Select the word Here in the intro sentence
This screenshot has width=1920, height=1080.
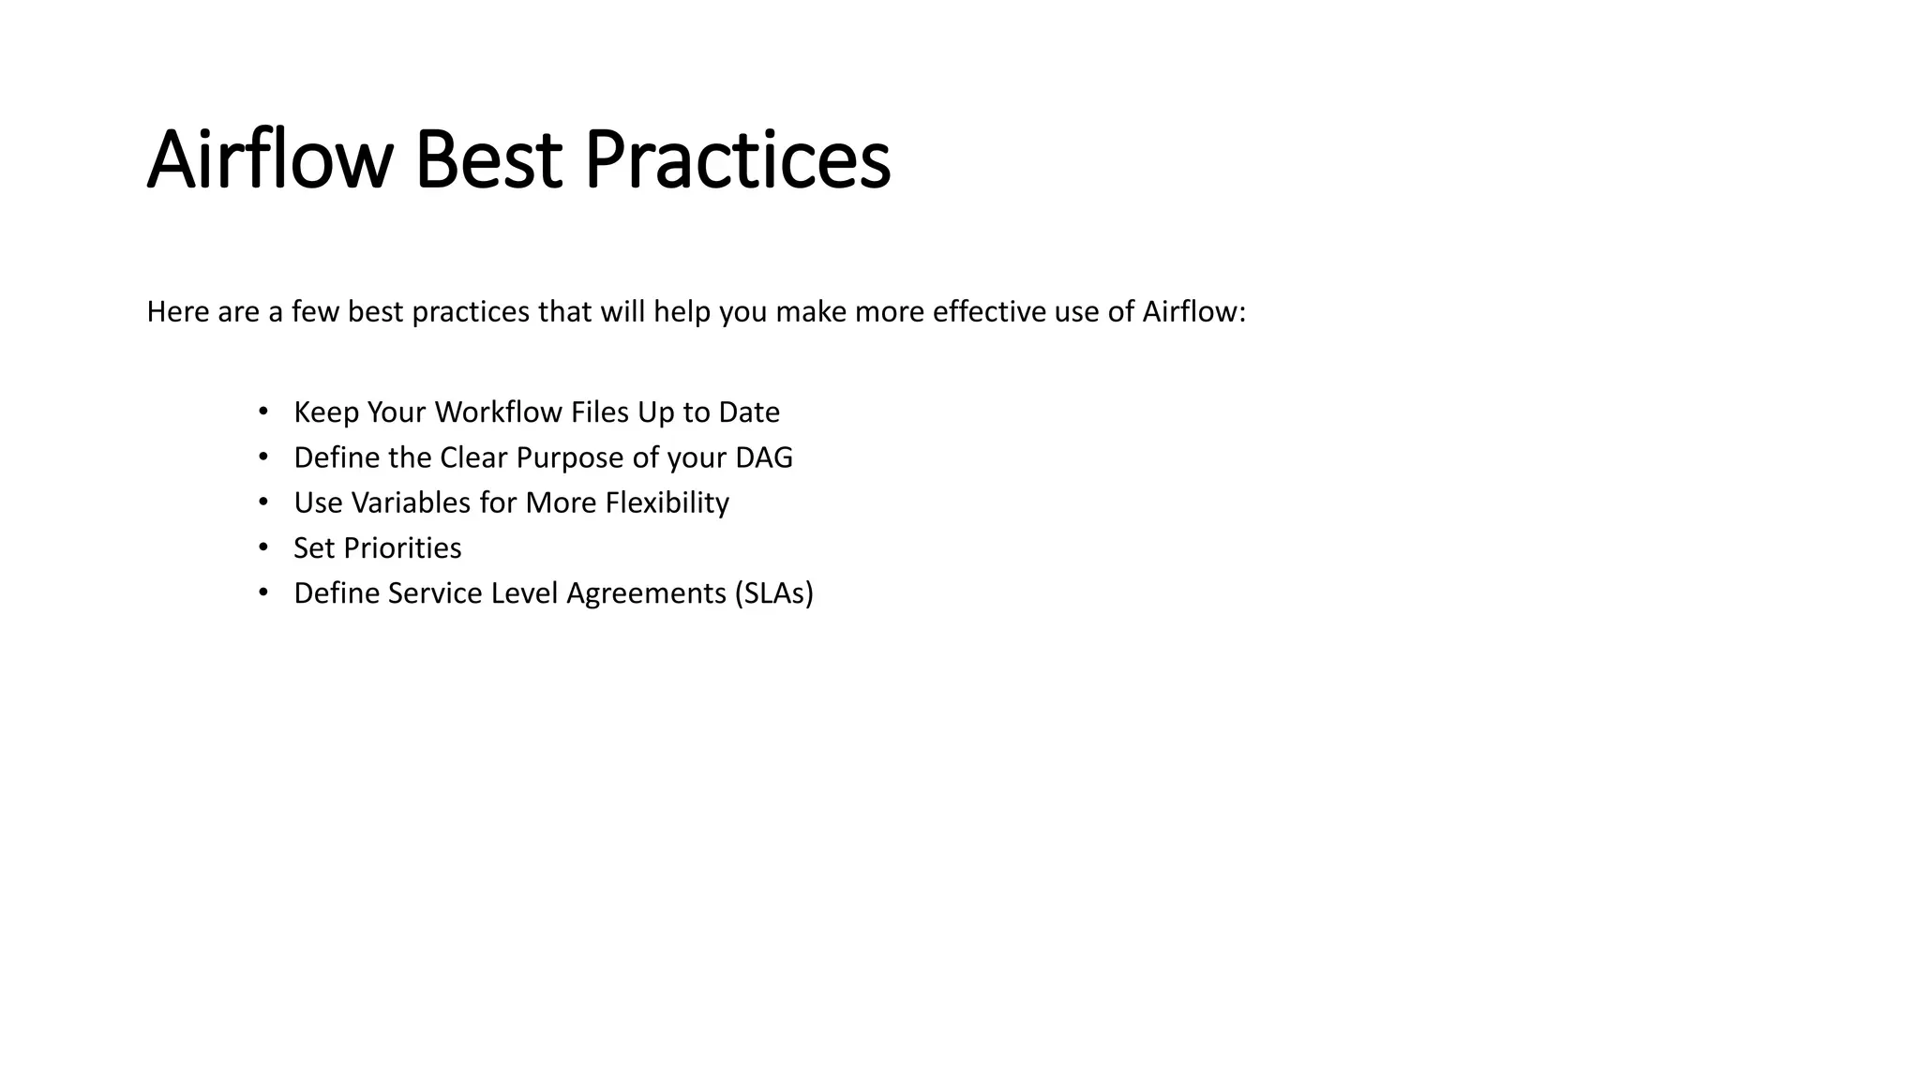click(x=177, y=311)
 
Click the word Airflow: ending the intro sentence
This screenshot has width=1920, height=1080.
click(x=1193, y=311)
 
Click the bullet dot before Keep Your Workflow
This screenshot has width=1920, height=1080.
click(x=263, y=411)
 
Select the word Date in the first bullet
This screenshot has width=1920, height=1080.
click(x=748, y=412)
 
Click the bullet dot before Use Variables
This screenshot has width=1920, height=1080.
click(x=263, y=502)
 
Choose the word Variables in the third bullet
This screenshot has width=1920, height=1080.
click(x=411, y=502)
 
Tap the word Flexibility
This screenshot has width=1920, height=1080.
click(x=667, y=502)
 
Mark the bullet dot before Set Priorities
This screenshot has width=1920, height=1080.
click(x=263, y=547)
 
